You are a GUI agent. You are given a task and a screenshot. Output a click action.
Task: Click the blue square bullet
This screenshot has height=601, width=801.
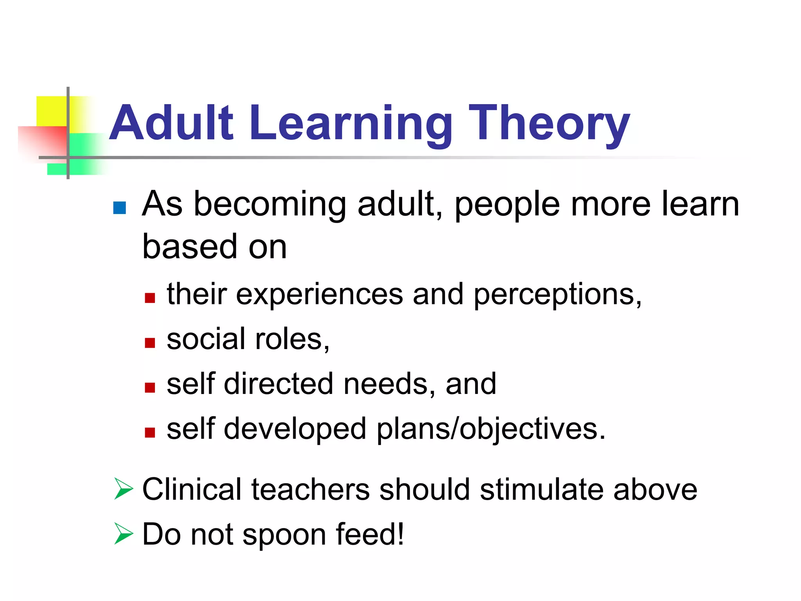click(119, 208)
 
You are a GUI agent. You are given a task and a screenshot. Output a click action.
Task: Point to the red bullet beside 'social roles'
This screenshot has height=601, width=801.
click(150, 343)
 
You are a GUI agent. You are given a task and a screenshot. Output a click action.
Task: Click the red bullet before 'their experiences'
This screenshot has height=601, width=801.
click(150, 298)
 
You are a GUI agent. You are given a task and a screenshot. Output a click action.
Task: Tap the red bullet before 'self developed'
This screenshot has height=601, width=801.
click(150, 432)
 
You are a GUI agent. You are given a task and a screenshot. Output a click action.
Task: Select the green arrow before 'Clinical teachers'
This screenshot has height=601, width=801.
click(123, 489)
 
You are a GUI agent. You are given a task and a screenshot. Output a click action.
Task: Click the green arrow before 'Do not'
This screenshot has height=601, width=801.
click(123, 534)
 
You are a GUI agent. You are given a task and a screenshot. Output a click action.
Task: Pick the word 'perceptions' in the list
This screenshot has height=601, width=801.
click(557, 294)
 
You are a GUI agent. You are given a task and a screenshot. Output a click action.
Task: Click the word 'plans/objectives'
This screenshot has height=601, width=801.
click(491, 429)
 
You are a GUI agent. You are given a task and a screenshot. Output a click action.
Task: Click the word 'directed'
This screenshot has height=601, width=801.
click(278, 384)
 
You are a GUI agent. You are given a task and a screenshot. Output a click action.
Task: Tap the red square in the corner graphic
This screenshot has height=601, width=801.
click(43, 141)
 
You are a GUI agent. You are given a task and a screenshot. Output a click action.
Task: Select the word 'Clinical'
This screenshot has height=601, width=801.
click(192, 489)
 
